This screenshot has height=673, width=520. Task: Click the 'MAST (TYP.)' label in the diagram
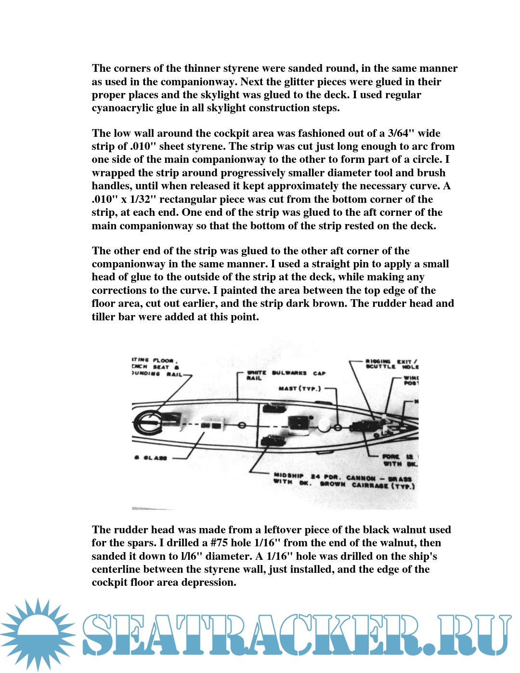pos(299,388)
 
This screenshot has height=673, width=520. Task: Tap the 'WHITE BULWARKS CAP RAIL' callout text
pos(286,375)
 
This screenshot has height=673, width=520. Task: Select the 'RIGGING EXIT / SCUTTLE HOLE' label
pos(391,364)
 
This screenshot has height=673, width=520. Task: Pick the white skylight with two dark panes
pos(212,425)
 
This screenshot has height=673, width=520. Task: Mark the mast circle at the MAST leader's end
pos(338,427)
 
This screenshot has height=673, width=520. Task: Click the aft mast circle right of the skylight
pos(242,425)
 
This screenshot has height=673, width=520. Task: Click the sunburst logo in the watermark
pos(38,634)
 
